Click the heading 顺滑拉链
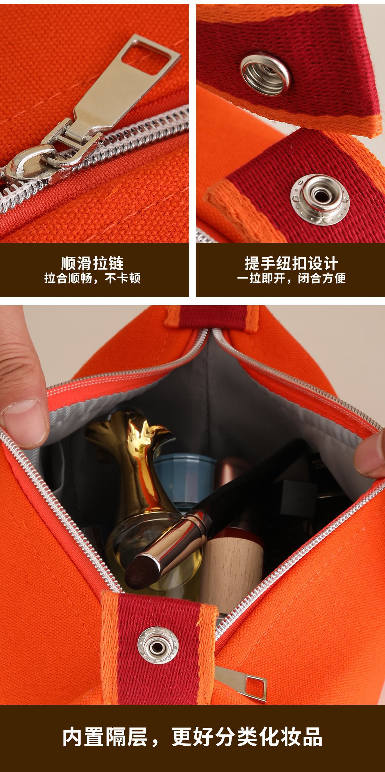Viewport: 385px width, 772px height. click(92, 263)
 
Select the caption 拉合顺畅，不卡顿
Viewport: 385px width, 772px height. click(92, 278)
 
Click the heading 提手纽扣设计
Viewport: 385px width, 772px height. click(291, 263)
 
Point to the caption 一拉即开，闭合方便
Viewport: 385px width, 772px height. click(291, 278)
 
